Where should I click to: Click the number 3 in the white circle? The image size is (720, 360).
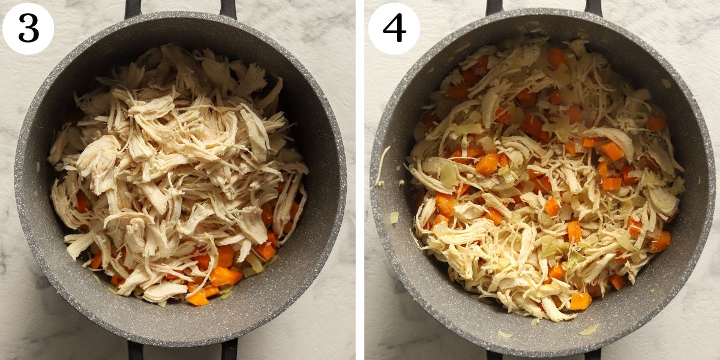click(x=28, y=28)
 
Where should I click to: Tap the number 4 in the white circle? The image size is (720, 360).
click(x=394, y=28)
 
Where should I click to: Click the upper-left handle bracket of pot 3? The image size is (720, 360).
click(x=133, y=8)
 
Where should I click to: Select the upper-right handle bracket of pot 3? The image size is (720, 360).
click(x=228, y=8)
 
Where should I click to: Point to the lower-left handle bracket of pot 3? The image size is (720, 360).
click(x=135, y=350)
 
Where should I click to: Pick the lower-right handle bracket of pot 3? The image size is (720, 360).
click(x=230, y=350)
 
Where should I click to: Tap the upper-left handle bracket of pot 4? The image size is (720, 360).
click(x=494, y=7)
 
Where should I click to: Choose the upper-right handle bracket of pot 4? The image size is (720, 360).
click(x=593, y=7)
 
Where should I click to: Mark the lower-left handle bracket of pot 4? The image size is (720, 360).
click(x=496, y=354)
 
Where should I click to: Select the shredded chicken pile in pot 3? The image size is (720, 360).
click(x=174, y=162)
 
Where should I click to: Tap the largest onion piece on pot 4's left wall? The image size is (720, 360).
click(x=394, y=217)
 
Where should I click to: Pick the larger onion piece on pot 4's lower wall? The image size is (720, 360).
click(x=590, y=329)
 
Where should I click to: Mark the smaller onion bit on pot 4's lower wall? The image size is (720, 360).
click(x=505, y=334)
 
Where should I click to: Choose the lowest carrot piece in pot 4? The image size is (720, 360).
click(x=580, y=301)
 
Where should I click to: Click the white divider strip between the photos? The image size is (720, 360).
click(x=360, y=180)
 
